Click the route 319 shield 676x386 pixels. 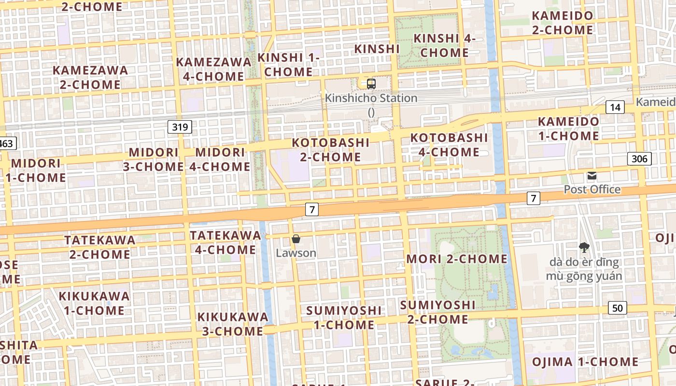pos(181,127)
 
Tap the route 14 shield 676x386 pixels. pos(615,107)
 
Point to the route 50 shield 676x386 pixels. pos(618,308)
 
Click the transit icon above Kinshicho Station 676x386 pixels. pos(371,84)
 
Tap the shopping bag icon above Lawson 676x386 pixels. pos(296,239)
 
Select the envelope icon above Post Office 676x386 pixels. pos(592,176)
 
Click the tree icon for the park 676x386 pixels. pos(584,248)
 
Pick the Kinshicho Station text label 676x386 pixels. pos(371,98)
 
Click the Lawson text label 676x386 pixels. pos(296,253)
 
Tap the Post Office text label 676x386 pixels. pos(592,189)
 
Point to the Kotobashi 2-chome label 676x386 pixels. pos(331,150)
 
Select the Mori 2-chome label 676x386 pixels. pos(457,259)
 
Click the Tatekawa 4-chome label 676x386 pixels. pos(225,242)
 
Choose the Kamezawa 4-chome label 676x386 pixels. pos(213,69)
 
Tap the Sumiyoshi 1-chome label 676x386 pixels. pos(344,317)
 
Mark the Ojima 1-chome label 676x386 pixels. pos(585,362)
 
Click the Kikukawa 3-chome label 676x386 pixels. pos(233,324)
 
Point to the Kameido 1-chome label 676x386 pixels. pos(569,128)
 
